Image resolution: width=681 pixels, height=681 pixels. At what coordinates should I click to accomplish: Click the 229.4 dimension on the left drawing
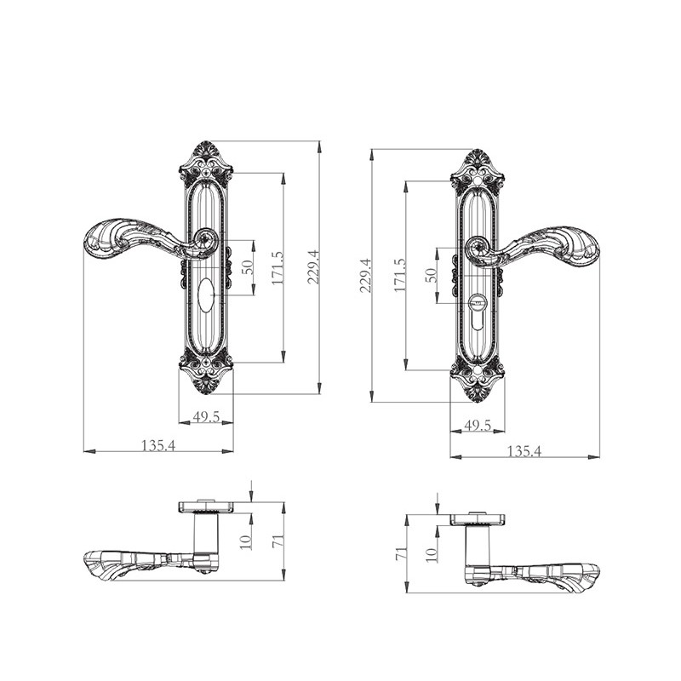pos(313,266)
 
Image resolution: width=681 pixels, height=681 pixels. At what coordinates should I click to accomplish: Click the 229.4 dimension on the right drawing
pos(366,275)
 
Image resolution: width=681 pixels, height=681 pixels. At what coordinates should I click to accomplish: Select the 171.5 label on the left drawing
pos(278,268)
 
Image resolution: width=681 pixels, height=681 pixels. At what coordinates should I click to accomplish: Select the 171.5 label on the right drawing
pos(399,274)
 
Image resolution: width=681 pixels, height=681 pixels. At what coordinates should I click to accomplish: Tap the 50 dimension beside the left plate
pos(248,267)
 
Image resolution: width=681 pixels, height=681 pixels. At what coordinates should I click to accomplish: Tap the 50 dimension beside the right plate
pos(431,275)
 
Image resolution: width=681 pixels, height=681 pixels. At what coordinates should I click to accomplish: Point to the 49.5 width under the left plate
pos(206,417)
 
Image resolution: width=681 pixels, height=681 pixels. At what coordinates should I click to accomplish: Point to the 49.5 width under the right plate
pos(478,426)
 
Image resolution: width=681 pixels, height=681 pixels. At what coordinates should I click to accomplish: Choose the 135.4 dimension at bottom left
pos(158,445)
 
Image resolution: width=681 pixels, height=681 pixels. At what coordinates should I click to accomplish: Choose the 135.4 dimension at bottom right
pos(524,452)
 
